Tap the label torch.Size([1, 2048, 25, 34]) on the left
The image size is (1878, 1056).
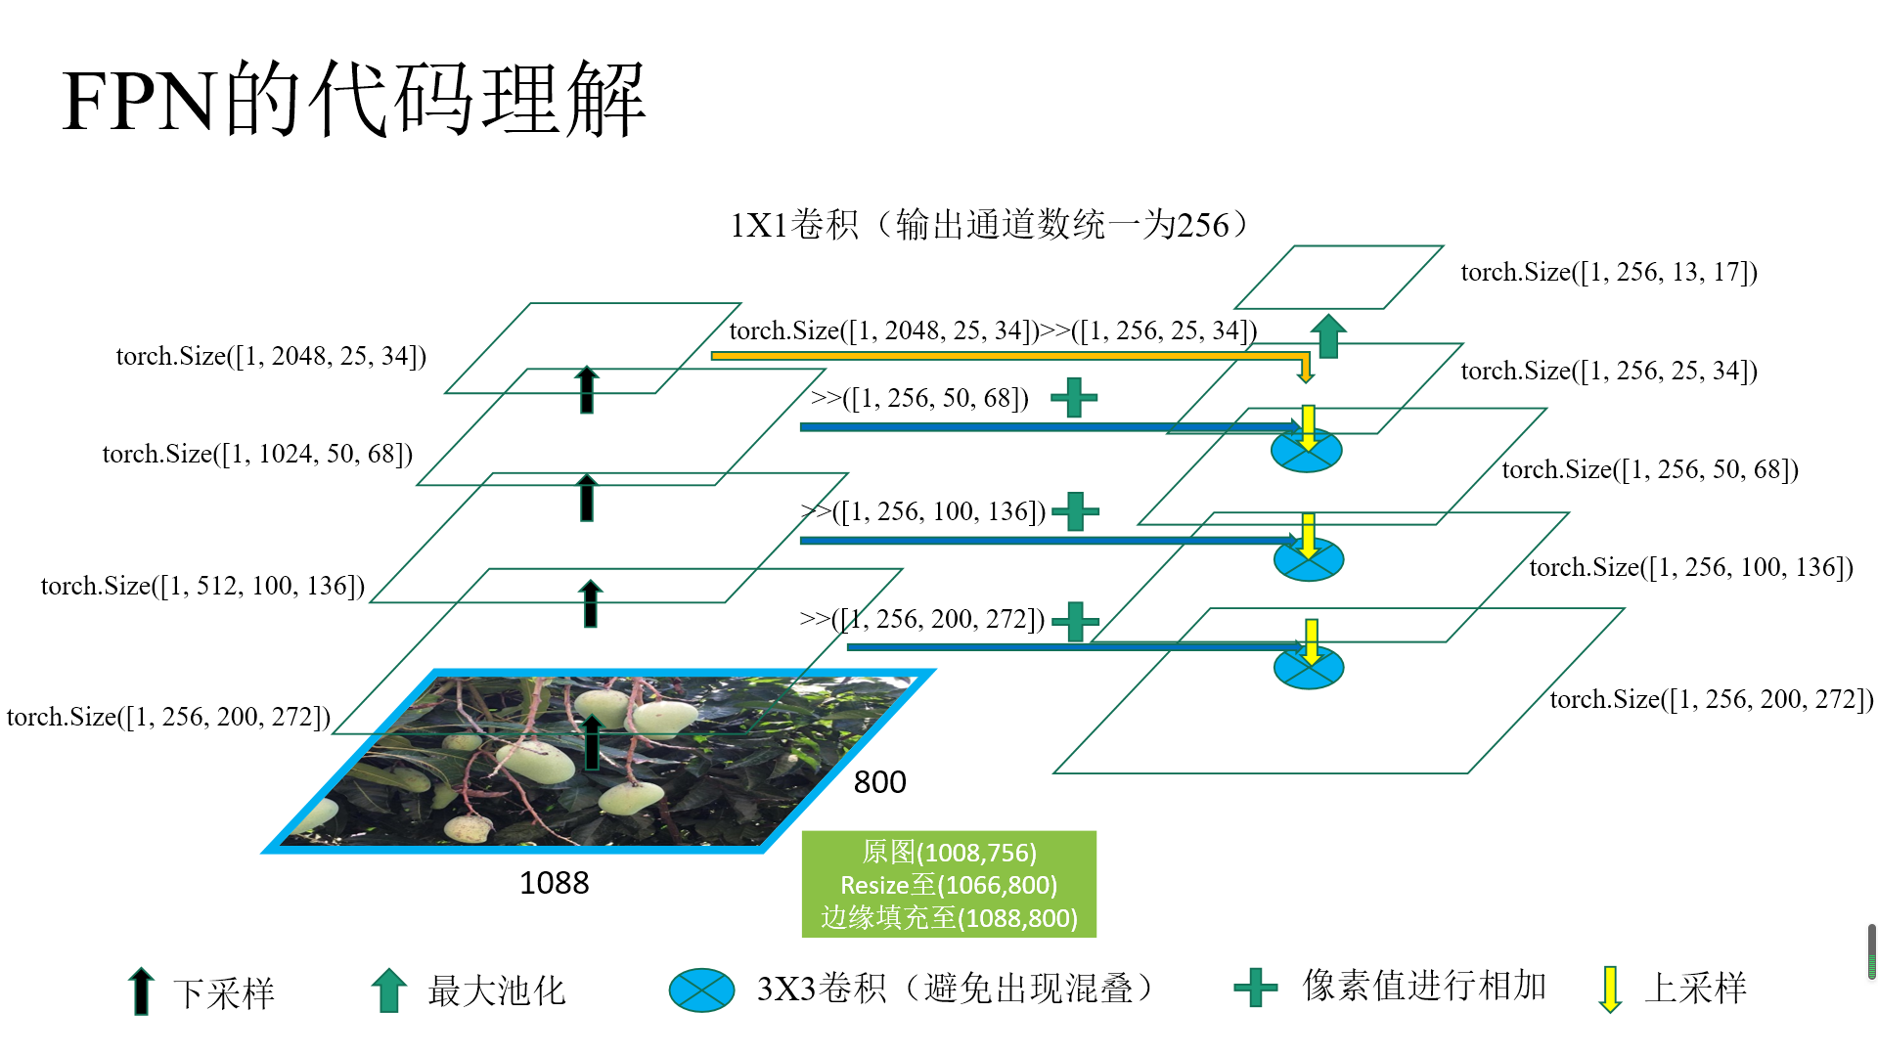click(271, 356)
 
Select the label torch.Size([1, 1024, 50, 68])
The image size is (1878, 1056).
click(257, 454)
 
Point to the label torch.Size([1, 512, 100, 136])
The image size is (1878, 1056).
click(202, 586)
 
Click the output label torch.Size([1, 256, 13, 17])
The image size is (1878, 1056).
click(1609, 272)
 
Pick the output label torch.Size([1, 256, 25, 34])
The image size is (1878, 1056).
click(1609, 371)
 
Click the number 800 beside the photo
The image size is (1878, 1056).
click(879, 782)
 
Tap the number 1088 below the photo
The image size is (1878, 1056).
click(554, 883)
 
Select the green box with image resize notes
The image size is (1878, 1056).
click(949, 884)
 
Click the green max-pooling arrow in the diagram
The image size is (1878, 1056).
click(1328, 335)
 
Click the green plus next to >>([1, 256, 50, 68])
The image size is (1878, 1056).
click(1074, 398)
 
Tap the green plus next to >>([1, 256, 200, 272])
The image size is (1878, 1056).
click(1075, 621)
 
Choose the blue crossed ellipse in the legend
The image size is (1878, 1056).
click(701, 990)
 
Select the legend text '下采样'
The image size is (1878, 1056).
click(224, 993)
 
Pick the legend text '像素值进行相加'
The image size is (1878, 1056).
click(1424, 986)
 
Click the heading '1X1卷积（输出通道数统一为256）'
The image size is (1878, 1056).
click(989, 225)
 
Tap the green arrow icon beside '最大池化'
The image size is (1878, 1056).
click(389, 990)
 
